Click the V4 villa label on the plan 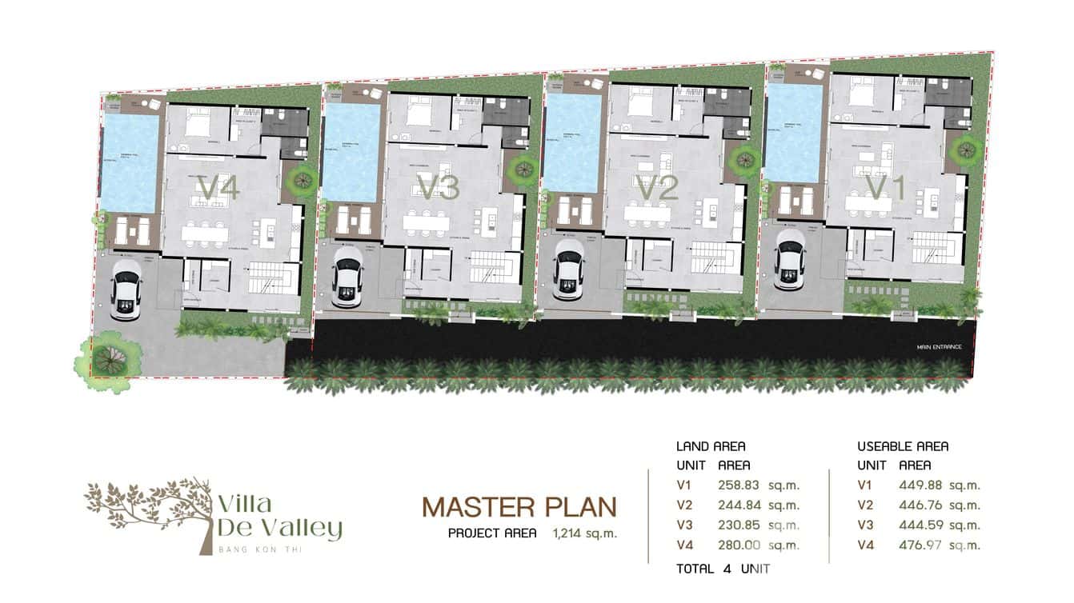coord(218,189)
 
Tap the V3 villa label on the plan coord(438,189)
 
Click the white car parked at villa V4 coord(126,290)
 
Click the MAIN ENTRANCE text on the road coord(940,347)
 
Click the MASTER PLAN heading coord(519,507)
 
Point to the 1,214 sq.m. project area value coord(584,533)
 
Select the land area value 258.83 coord(740,485)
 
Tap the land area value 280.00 coord(740,545)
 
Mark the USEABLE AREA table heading coord(903,446)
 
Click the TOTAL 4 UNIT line coord(723,569)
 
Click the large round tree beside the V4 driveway coord(102,362)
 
